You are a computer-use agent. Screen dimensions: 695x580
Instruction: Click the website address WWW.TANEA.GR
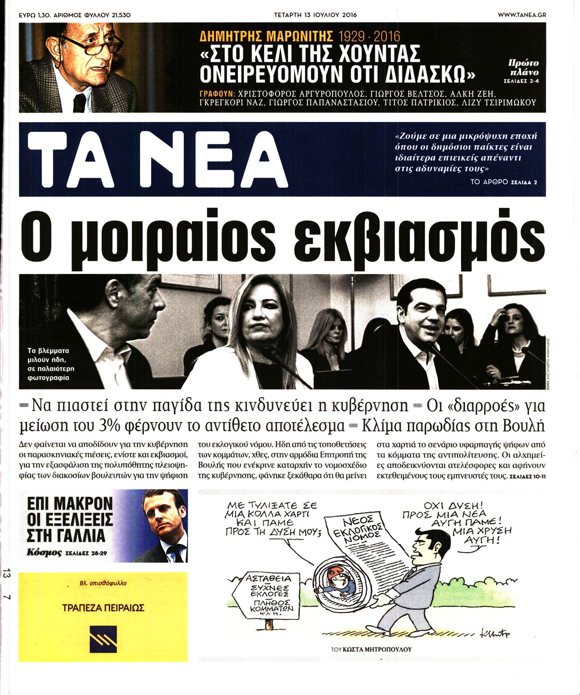click(x=521, y=15)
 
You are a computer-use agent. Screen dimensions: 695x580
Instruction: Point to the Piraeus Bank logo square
click(x=103, y=639)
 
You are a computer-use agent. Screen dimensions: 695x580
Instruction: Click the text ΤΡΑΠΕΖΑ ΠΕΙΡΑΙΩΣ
click(x=103, y=608)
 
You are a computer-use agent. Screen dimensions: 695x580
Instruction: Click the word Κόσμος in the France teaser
click(x=45, y=553)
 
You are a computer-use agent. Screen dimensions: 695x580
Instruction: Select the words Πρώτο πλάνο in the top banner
click(x=523, y=67)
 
